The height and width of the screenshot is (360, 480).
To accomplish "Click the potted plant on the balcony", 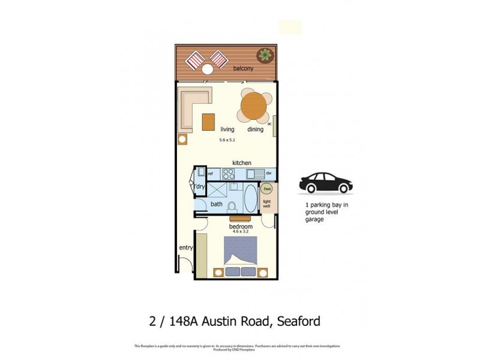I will (263, 55).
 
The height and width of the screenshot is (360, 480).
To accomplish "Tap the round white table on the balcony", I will (208, 70).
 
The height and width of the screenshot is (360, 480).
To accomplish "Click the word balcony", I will (244, 69).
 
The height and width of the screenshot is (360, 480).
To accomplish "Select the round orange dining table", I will (254, 106).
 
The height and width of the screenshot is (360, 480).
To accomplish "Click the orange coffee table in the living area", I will (208, 121).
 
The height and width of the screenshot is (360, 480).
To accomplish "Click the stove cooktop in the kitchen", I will (229, 174).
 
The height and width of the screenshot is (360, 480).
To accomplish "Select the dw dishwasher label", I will (269, 174).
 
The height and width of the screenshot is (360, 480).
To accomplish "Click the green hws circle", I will (267, 188).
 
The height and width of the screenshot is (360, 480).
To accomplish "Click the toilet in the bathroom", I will (233, 205).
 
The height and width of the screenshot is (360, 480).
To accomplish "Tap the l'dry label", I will (199, 187).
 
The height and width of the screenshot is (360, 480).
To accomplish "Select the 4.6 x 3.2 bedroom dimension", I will (241, 232).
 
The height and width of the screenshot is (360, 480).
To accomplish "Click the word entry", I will (185, 248).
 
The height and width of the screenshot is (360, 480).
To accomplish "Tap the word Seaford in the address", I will (296, 320).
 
